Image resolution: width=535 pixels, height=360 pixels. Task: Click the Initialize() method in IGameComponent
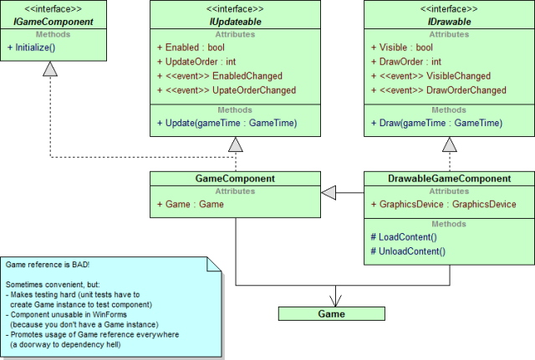point(32,48)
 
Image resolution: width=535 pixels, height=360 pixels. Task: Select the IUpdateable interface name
point(235,22)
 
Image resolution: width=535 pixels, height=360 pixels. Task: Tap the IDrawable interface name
point(450,22)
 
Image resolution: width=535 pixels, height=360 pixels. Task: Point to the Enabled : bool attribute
point(191,48)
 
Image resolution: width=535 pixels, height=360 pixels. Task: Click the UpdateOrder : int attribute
point(196,62)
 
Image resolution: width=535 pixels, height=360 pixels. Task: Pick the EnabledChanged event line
point(220,76)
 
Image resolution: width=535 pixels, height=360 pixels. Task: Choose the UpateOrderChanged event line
point(227,90)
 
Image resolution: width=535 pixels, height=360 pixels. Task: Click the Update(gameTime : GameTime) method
point(227,123)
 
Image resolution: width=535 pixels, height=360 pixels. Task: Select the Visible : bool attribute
point(402,48)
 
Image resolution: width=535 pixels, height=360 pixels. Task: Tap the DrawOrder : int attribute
point(406,62)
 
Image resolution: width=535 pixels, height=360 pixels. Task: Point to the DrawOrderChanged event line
point(439,90)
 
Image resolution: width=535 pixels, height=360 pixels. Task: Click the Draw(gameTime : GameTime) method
point(436,123)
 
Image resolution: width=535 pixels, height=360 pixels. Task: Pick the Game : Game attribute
point(191,204)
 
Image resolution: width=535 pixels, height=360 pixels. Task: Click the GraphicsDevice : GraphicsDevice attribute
point(444,204)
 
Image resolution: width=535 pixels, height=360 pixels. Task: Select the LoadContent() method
point(404,237)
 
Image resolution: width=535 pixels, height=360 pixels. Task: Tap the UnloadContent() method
point(408,251)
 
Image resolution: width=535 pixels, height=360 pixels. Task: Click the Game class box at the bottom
point(332,313)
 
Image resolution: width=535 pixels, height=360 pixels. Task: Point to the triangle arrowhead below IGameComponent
point(50,68)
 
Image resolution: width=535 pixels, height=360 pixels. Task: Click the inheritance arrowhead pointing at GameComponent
point(329,193)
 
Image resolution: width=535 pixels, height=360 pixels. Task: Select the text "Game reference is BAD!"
point(48,265)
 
